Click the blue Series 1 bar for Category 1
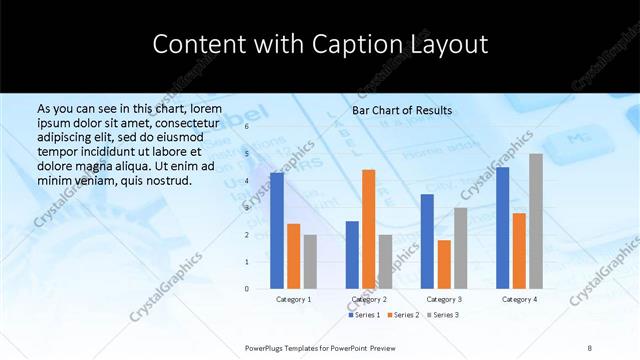pos(276,230)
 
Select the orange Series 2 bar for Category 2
pos(369,229)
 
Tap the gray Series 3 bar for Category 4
pos(536,221)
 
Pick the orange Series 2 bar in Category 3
pos(444,264)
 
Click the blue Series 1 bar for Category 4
pos(502,228)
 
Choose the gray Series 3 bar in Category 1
pos(310,261)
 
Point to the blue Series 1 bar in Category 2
pos(352,255)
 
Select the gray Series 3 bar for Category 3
pos(461,248)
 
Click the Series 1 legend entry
pos(364,315)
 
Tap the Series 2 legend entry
pos(403,315)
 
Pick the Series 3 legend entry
pos(443,315)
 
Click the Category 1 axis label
pos(293,299)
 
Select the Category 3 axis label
pos(444,299)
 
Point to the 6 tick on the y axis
pos(246,127)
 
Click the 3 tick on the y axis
pos(246,208)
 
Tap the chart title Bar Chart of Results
pos(402,110)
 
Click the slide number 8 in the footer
pos(590,347)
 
